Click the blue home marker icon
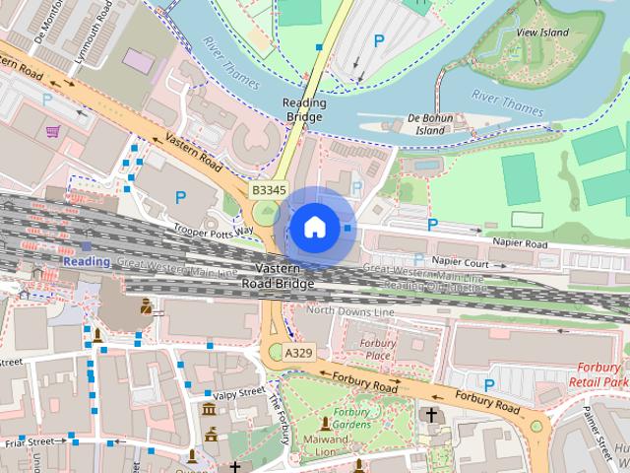click(x=314, y=228)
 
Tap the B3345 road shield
click(x=269, y=189)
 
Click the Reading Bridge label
click(x=303, y=109)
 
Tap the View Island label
click(x=541, y=32)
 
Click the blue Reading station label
click(x=87, y=261)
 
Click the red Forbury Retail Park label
click(x=601, y=373)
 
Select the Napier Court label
click(x=460, y=262)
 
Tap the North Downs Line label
click(x=350, y=310)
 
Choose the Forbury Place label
click(x=379, y=349)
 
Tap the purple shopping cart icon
click(x=52, y=130)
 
